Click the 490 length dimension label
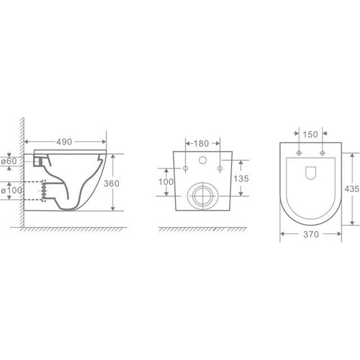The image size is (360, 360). pos(64,142)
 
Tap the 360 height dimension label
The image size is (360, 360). pos(112,183)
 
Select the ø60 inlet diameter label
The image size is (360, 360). pos(9,161)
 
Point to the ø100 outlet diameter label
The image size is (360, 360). pos(11,190)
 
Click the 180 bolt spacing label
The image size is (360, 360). pos(201,143)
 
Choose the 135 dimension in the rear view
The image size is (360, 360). pos(241,178)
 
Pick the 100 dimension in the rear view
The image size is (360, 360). pos(166,182)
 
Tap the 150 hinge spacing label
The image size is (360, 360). pos(310,135)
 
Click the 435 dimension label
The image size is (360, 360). pos(352,189)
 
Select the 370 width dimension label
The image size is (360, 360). pos(311,234)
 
